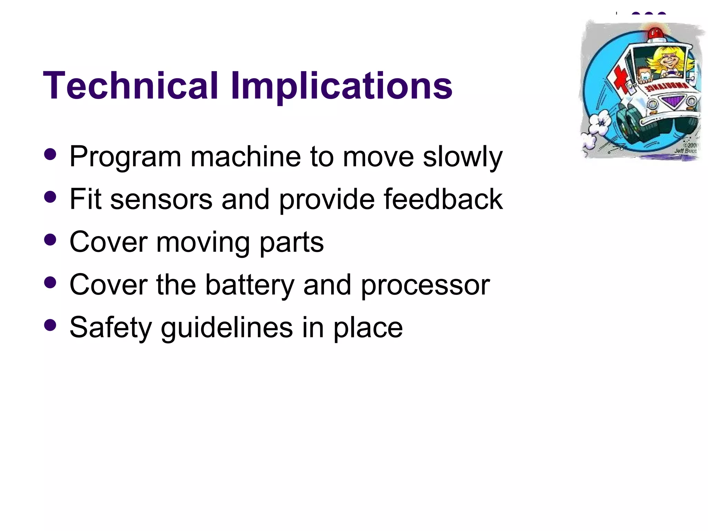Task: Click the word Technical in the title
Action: (x=130, y=85)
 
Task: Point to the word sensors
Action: (x=161, y=199)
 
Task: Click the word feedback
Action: (x=443, y=199)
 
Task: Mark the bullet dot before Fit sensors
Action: (x=50, y=197)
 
